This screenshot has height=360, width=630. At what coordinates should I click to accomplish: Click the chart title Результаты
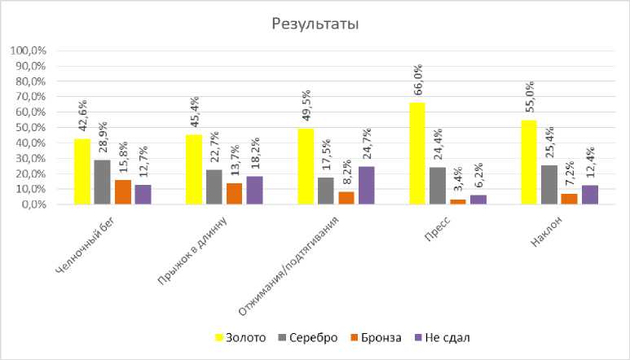coord(315,24)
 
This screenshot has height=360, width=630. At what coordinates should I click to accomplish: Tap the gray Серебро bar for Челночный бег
coord(102,182)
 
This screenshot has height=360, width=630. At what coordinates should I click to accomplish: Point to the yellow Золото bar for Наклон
coord(528,162)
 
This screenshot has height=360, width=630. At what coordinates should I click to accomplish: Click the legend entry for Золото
coord(240,337)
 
